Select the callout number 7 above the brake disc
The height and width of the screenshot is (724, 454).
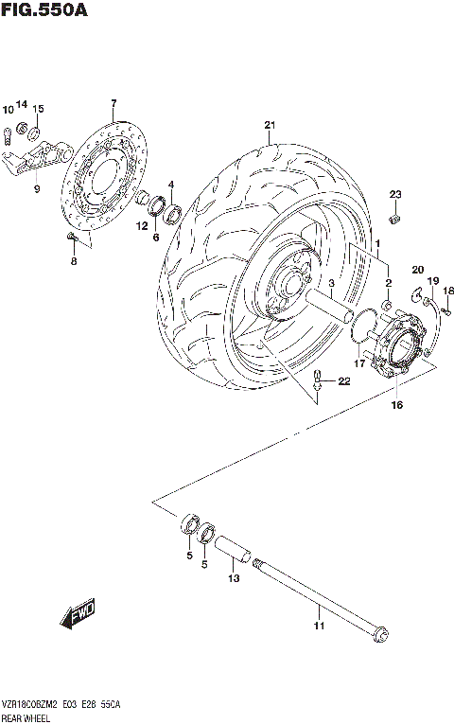[x=113, y=103]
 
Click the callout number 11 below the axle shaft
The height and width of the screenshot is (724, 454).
[x=318, y=626]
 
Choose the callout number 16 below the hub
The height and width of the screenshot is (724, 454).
[x=396, y=405]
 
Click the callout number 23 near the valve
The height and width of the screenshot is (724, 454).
[x=395, y=195]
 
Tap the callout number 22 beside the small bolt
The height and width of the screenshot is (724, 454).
[x=344, y=381]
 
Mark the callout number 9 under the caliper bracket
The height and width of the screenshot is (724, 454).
[x=37, y=189]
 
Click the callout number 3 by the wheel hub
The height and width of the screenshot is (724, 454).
[x=332, y=283]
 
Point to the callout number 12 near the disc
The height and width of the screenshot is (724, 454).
[x=141, y=225]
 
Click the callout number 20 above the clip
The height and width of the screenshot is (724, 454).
[x=417, y=270]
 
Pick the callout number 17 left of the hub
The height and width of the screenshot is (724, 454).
[x=359, y=362]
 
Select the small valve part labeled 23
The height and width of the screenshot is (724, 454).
[x=396, y=221]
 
